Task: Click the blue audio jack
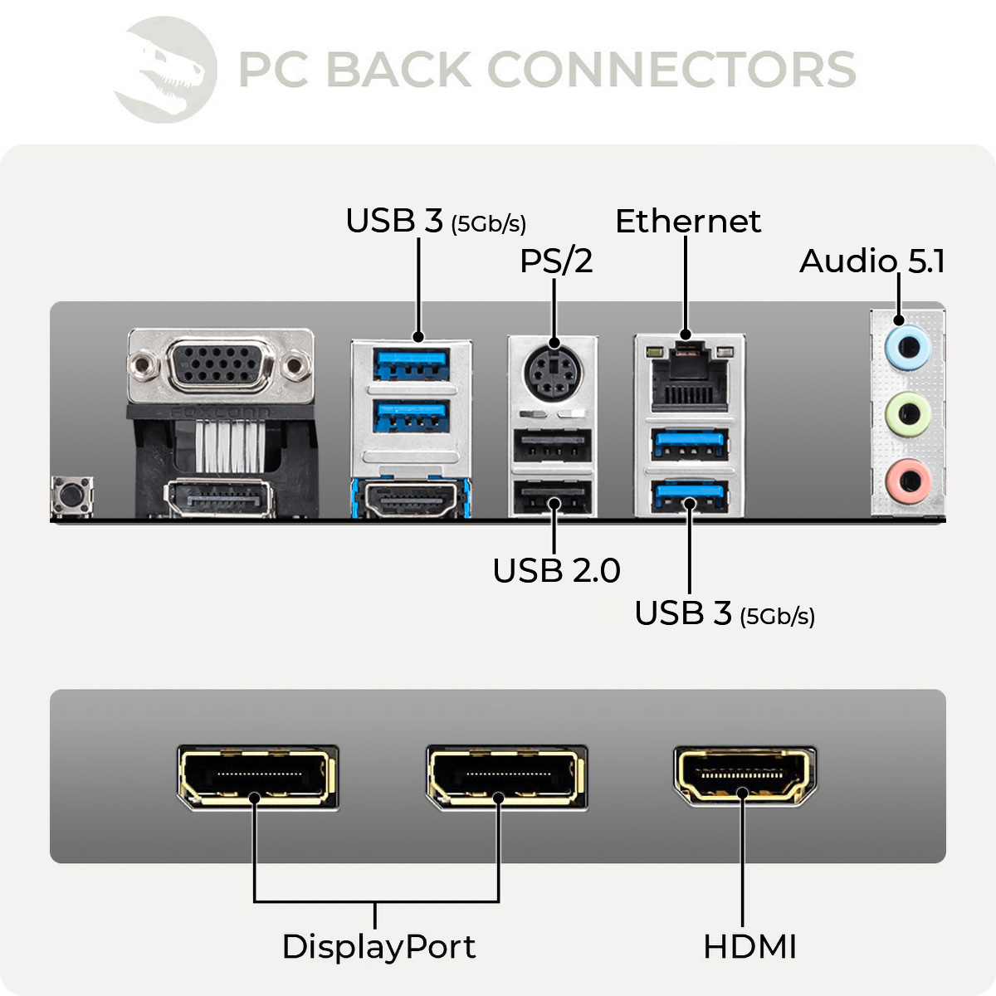pos(908,345)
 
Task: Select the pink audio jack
pos(908,480)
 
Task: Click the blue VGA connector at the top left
pos(220,365)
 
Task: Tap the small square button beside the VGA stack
pos(72,496)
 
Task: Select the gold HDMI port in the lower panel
pos(745,776)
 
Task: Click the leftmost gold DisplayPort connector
pos(257,777)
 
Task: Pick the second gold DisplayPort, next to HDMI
pos(506,777)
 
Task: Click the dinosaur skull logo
pos(166,70)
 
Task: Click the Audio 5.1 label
pos(871,261)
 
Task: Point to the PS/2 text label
pos(556,261)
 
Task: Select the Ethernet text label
pos(687,222)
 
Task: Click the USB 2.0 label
pos(556,571)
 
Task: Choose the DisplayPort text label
pos(378,947)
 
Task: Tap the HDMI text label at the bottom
pos(749,947)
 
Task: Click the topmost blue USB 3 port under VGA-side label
pos(411,363)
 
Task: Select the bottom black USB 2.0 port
pos(552,499)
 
